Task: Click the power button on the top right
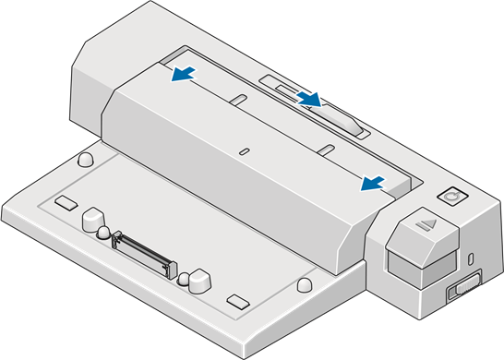tap(451, 197)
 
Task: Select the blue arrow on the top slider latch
tap(311, 96)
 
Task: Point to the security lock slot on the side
tap(472, 258)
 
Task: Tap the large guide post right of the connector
tap(198, 277)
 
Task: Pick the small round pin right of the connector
tap(183, 276)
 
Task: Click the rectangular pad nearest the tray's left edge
tap(66, 201)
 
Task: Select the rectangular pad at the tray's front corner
tap(238, 301)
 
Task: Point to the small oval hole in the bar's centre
tap(244, 149)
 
